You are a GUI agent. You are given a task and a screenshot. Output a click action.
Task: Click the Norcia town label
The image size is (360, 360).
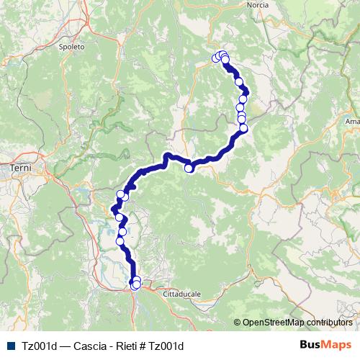coord(256,4)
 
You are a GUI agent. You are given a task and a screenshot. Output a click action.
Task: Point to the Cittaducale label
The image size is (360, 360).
coord(183,294)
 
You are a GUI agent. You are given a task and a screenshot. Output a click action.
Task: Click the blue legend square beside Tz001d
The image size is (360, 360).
coord(8,346)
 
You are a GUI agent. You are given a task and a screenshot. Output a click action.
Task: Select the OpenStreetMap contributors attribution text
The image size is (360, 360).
coord(297,322)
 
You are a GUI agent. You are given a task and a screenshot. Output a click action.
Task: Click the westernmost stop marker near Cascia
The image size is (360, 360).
coord(215,58)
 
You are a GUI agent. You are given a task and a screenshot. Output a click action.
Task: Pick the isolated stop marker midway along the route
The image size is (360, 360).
coord(189,168)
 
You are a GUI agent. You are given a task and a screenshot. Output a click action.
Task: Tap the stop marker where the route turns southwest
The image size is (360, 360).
coord(243,128)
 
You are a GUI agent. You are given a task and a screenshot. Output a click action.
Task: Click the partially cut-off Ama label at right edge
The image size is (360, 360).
coord(354,122)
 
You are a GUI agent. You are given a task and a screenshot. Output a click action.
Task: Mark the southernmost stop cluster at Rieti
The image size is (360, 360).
coord(135,284)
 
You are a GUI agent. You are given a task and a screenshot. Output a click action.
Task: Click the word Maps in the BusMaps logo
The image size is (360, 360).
coord(337,345)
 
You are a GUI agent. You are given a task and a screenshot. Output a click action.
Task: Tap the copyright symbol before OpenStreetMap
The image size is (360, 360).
coord(237,322)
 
